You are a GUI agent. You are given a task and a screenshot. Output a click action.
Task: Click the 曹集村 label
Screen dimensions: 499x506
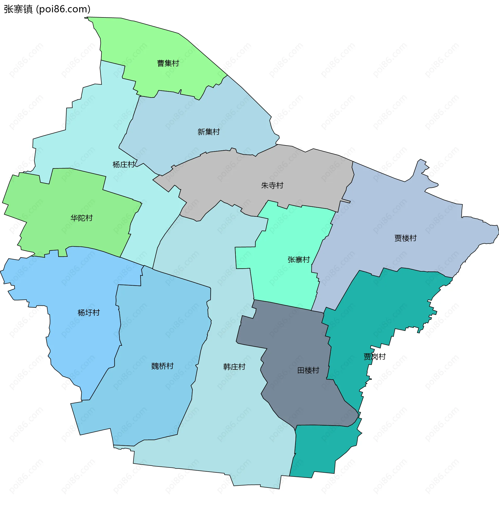pos(168,63)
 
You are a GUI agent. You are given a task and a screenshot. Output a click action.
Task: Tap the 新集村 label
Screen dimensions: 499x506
pos(208,132)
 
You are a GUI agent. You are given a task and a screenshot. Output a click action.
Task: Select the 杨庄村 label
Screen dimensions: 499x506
pos(124,164)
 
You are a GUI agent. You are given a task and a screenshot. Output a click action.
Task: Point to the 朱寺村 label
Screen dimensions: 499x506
pos(272,185)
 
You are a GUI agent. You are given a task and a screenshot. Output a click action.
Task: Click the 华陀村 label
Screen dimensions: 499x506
pos(81,218)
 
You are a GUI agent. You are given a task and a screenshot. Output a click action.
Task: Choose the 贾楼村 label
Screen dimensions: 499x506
pos(405,238)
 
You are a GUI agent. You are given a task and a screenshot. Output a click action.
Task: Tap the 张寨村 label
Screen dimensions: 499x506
pos(299,260)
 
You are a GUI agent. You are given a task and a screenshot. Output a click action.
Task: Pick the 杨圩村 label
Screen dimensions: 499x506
pos(88,312)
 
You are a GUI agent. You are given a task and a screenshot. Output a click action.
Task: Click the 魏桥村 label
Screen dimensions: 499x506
pos(162,366)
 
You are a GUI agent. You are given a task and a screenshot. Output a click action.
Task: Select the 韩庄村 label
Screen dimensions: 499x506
pos(234,367)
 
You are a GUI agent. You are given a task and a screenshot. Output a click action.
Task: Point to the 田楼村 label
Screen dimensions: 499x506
pos(308,370)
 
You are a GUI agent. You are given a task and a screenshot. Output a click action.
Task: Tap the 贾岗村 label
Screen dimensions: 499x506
pos(375,357)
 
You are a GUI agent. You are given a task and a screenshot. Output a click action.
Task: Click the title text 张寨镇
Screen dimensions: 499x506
pos(18,9)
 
